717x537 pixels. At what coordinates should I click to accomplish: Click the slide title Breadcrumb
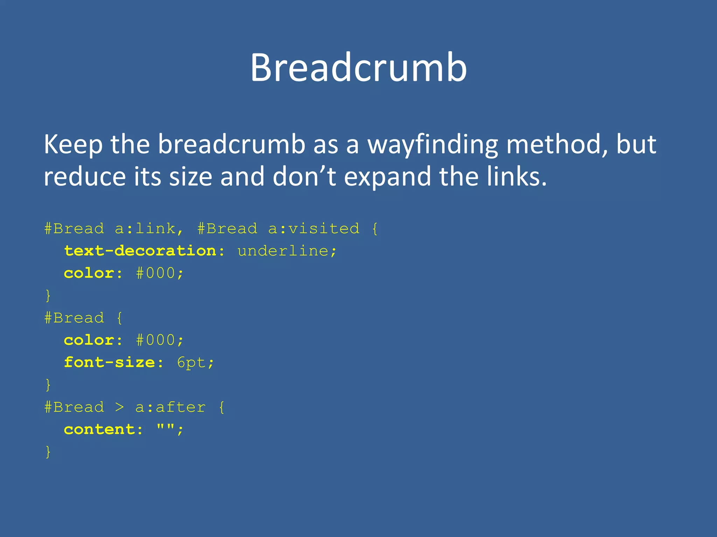tap(358, 67)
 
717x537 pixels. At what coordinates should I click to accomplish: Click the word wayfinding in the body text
tap(432, 145)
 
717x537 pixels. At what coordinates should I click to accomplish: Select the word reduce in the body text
tap(84, 177)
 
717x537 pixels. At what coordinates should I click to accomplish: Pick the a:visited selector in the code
tap(314, 229)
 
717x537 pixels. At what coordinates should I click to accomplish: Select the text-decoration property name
tap(140, 251)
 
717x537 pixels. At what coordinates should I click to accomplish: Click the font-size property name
tap(109, 363)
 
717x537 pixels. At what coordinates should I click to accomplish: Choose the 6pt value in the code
tap(191, 363)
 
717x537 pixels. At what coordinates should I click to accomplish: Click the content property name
tap(99, 429)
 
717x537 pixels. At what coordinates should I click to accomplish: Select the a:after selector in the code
tap(170, 407)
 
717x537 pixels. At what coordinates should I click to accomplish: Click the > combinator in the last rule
tap(120, 407)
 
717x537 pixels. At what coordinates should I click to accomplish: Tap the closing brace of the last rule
tap(48, 452)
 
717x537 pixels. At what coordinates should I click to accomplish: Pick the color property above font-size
tap(89, 340)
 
